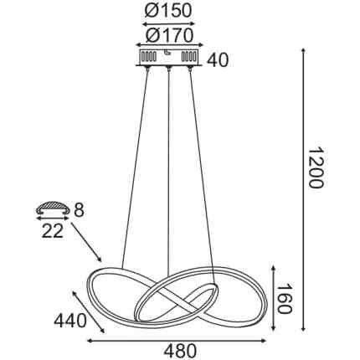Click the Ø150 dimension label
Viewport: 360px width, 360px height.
pyautogui.click(x=168, y=11)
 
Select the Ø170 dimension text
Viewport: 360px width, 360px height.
pyautogui.click(x=169, y=35)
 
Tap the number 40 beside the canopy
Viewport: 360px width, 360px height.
pyautogui.click(x=219, y=60)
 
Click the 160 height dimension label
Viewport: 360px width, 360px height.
pyautogui.click(x=284, y=299)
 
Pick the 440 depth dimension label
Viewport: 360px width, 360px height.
pyautogui.click(x=70, y=321)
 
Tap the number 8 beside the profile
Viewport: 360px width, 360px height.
pyautogui.click(x=79, y=210)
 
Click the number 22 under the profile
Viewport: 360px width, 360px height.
pyautogui.click(x=53, y=231)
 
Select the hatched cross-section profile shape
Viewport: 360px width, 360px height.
pyautogui.click(x=53, y=208)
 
